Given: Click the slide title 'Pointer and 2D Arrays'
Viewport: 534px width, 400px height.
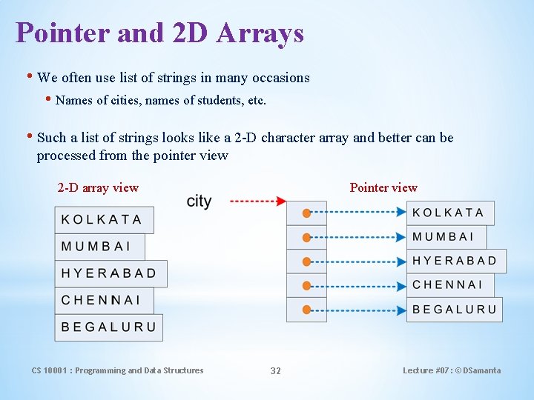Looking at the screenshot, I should (159, 33).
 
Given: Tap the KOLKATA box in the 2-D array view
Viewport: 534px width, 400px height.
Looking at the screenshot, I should (104, 220).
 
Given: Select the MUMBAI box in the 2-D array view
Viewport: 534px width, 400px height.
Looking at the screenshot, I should (99, 247).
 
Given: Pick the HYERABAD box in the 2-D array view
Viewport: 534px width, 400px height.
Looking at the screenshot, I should (111, 273).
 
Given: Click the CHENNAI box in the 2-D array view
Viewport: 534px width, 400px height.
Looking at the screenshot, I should (103, 300).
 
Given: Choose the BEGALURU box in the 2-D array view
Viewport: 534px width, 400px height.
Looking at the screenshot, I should (108, 327).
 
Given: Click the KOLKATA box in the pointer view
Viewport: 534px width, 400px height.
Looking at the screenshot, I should (450, 213).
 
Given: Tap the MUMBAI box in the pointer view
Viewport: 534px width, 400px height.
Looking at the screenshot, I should (446, 237).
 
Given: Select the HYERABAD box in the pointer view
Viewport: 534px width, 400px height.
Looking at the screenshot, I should (456, 261).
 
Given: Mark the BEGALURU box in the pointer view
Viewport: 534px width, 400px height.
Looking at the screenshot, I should (454, 310).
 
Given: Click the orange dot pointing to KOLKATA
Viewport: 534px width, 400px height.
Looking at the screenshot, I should (306, 213).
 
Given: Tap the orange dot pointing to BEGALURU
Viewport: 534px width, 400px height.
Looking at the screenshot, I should (306, 310).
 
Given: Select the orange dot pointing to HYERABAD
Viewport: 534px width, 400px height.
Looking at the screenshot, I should (306, 261).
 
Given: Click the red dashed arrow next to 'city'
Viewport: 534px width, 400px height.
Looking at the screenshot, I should (258, 201).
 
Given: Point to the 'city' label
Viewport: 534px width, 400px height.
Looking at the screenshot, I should (199, 201).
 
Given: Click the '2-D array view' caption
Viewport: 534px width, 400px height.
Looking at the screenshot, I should (98, 187).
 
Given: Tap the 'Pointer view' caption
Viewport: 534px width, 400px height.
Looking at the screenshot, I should (383, 187).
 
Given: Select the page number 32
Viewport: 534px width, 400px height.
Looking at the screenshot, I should (275, 370).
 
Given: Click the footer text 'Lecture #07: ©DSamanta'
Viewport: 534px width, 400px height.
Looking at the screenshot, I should (451, 370).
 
